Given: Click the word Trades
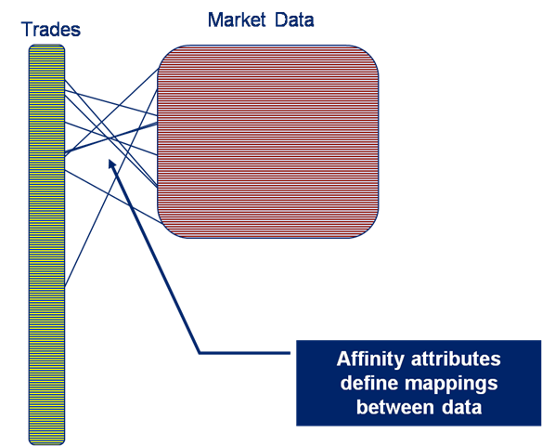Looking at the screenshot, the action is click(51, 29).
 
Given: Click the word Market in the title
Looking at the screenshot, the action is click(237, 20).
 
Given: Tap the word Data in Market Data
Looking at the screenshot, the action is click(294, 20).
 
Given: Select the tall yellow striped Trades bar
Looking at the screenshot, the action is click(46, 244).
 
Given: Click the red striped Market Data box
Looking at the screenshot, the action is click(268, 141).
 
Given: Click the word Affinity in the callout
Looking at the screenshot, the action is click(370, 360).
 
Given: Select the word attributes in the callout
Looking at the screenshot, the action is click(456, 359).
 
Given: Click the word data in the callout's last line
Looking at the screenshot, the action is click(461, 407).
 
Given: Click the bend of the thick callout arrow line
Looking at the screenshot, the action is click(200, 353).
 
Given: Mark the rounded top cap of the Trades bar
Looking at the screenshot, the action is click(46, 46).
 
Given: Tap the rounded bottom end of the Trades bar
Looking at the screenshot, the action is click(46, 442).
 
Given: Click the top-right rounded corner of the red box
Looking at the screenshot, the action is click(370, 53).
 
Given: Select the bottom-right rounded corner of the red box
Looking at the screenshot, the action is click(370, 230).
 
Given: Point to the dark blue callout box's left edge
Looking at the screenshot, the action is click(297, 383).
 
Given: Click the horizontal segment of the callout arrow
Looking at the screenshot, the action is click(245, 353).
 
